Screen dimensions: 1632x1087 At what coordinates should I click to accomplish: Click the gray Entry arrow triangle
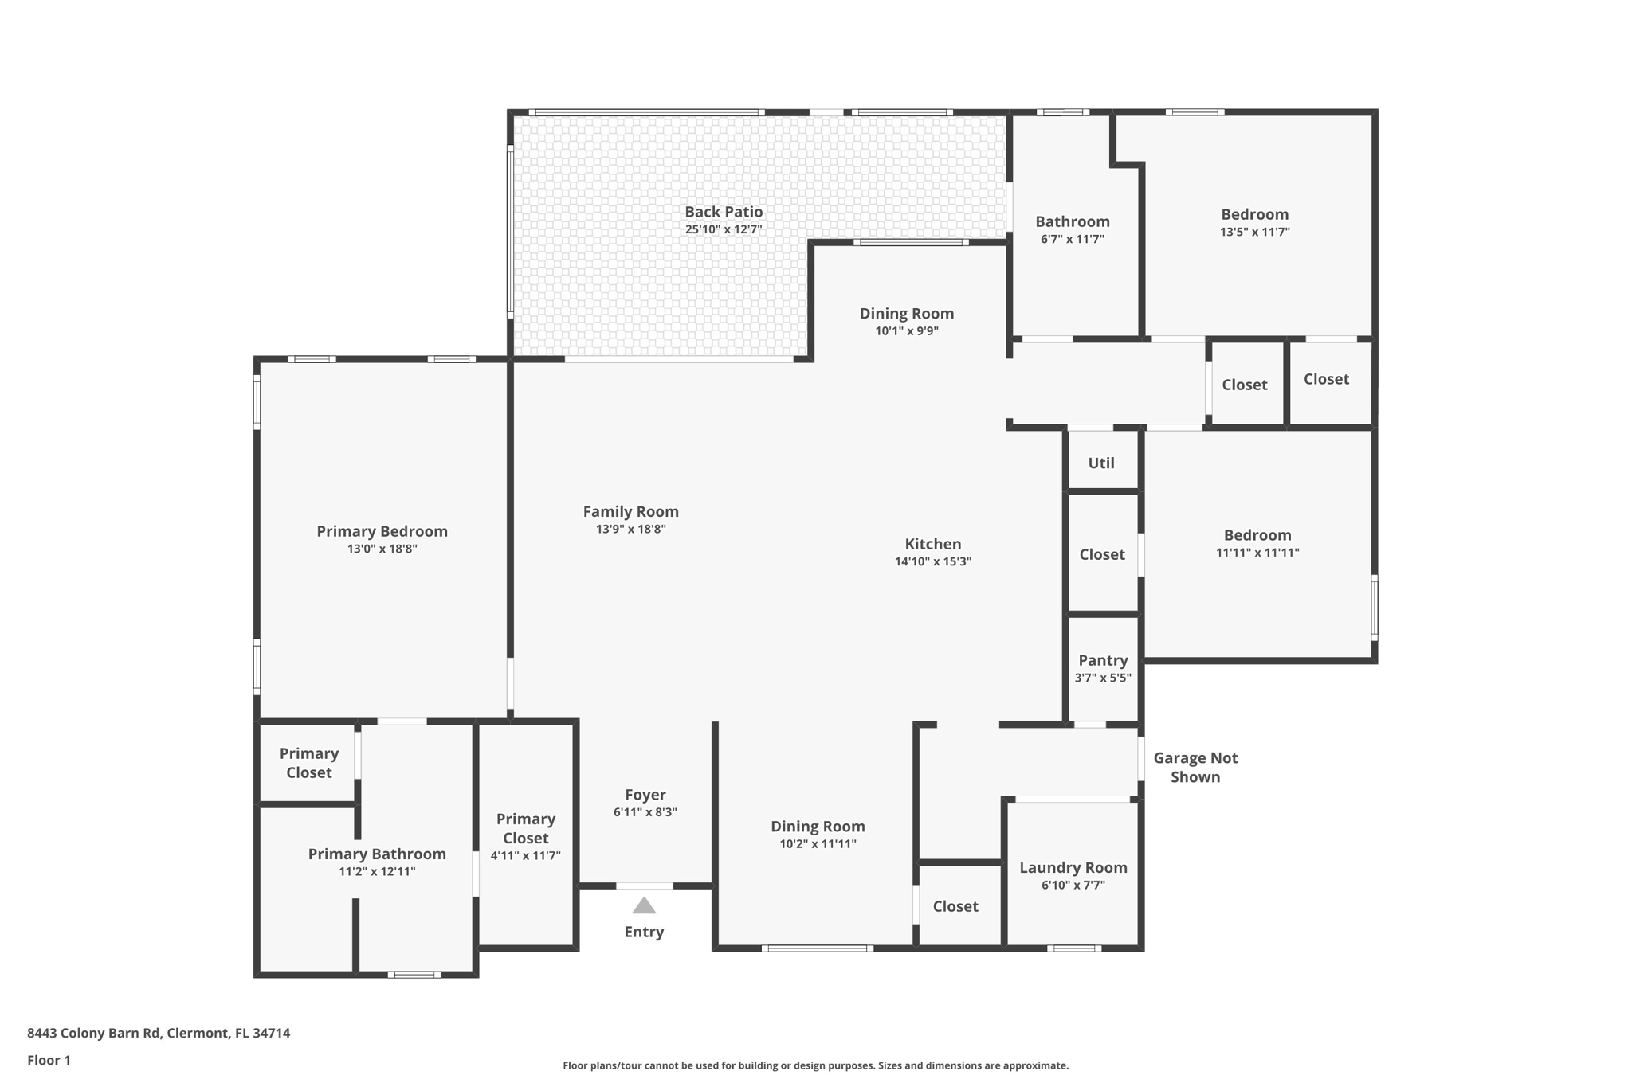[x=644, y=906]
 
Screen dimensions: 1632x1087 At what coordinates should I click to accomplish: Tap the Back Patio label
[x=724, y=212]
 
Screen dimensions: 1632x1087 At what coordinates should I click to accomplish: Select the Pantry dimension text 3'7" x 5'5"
[x=1103, y=678]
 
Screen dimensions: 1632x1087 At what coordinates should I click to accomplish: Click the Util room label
[x=1101, y=463]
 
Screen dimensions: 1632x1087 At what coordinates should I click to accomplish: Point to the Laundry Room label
[x=1073, y=867]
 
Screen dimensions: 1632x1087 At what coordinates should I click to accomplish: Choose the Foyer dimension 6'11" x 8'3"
[x=645, y=812]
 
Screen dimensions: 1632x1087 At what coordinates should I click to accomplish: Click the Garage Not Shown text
[x=1195, y=768]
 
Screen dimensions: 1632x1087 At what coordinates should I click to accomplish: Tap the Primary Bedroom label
[x=382, y=531]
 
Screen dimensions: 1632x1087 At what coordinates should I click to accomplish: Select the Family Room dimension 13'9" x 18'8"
[x=631, y=530]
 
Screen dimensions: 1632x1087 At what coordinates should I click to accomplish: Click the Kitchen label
[x=933, y=544]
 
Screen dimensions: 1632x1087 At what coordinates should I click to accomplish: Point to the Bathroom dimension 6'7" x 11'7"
[x=1073, y=239]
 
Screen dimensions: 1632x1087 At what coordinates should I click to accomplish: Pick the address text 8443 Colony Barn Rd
[x=93, y=1033]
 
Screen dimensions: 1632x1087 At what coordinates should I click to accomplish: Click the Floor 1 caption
[x=49, y=1060]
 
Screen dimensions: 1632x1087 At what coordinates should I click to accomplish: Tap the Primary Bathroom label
[x=377, y=854]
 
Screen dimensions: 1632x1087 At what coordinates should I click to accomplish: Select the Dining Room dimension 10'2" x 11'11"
[x=818, y=844]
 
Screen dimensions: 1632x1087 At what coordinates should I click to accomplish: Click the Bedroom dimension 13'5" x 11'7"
[x=1255, y=233]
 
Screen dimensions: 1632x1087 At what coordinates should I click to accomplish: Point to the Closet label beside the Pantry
[x=1102, y=554]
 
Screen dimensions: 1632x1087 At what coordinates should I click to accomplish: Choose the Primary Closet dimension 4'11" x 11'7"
[x=526, y=856]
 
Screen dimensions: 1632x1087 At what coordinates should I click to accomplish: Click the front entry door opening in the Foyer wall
[x=645, y=886]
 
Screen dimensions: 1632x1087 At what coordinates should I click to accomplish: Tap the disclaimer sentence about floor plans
[x=815, y=1065]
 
